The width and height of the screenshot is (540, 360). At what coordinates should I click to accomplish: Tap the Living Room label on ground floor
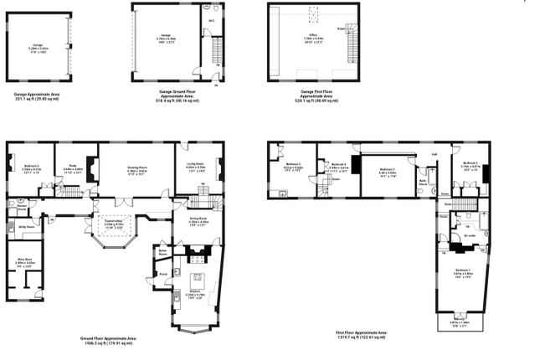tap(194, 166)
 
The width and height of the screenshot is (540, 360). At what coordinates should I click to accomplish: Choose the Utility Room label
tap(26, 226)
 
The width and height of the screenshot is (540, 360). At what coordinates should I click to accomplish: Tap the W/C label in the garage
tap(213, 21)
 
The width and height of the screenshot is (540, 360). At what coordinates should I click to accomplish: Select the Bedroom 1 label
tap(462, 270)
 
